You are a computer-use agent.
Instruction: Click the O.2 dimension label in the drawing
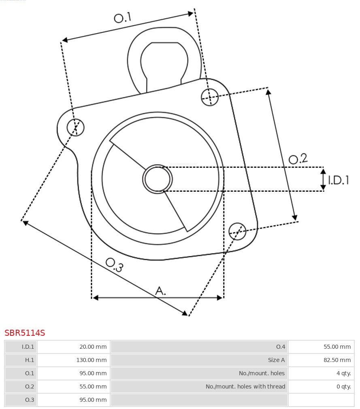(x=298, y=159)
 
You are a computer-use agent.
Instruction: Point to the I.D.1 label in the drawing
(x=338, y=180)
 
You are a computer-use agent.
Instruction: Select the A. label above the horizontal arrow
(x=160, y=290)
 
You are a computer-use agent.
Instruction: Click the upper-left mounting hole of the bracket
(x=76, y=127)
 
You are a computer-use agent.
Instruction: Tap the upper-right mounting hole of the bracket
(x=210, y=97)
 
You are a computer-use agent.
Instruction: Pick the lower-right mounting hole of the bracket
(x=237, y=231)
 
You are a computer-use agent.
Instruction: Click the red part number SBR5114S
(x=25, y=333)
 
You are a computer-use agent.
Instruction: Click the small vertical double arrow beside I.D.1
(x=323, y=179)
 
